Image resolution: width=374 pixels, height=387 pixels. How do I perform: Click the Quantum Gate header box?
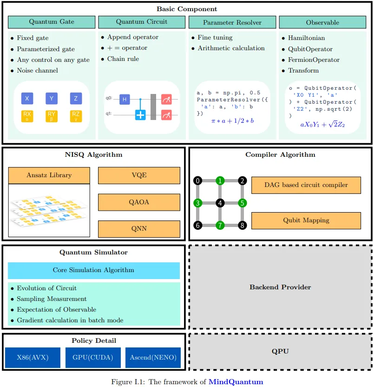point(52,22)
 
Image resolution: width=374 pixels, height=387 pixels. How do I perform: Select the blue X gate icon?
point(27,98)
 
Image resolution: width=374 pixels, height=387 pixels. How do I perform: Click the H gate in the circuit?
point(124,99)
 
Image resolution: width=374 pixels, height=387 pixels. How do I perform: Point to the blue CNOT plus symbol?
point(140,114)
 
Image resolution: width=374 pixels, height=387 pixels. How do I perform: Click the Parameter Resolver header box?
point(232,22)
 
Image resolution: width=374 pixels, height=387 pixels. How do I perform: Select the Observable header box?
point(322,22)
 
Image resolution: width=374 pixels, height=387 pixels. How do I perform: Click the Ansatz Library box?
point(49,175)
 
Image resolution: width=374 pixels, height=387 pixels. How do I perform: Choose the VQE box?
point(139,176)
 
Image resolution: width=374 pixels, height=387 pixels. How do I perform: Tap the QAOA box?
point(139,202)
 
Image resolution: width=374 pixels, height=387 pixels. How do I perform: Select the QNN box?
point(139,229)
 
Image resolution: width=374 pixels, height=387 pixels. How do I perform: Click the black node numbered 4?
point(220,203)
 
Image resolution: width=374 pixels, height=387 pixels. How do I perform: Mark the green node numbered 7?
point(220,225)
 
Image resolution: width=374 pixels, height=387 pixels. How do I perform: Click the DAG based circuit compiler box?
point(306,185)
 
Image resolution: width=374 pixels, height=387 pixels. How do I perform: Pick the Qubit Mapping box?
point(306,220)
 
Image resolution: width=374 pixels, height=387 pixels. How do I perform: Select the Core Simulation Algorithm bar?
point(93,270)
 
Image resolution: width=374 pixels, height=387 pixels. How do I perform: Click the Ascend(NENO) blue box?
point(153,358)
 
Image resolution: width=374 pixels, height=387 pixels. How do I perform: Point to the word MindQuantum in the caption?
point(236,382)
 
